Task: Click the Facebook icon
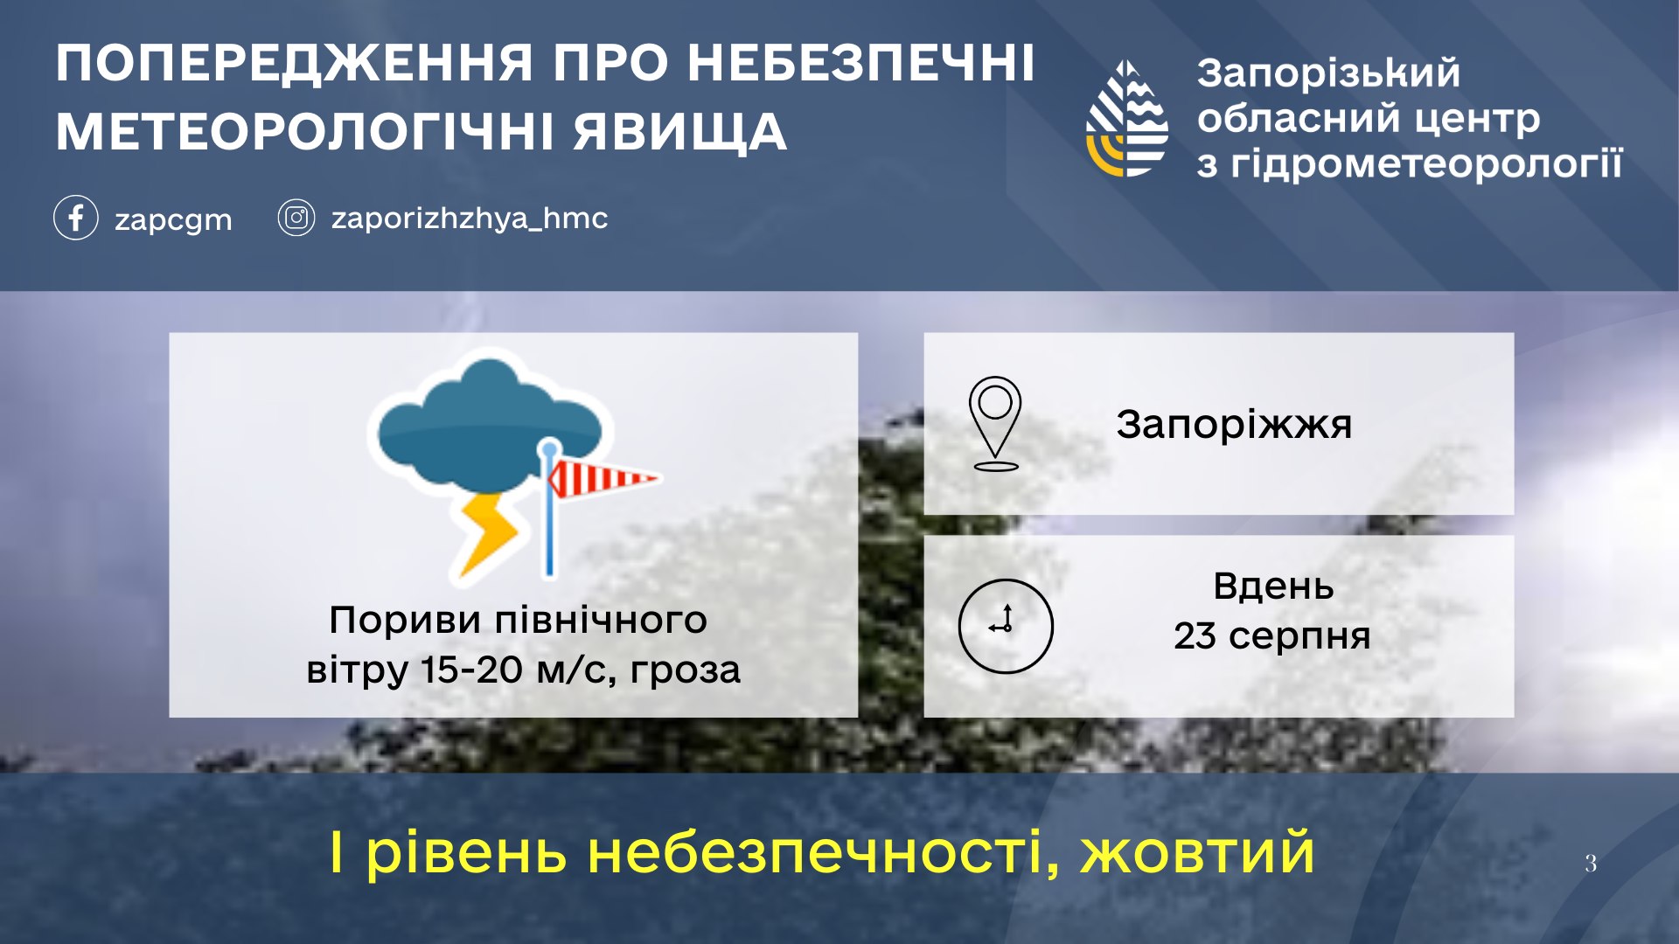pyautogui.click(x=75, y=218)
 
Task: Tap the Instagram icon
pyautogui.click(x=296, y=218)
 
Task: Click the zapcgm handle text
pyautogui.click(x=173, y=220)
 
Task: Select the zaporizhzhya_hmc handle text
pyautogui.click(x=469, y=219)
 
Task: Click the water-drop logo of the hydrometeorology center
pyautogui.click(x=1127, y=118)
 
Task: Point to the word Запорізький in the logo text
pyautogui.click(x=1328, y=73)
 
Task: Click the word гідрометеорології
pyautogui.click(x=1426, y=164)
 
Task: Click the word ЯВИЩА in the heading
pyautogui.click(x=679, y=132)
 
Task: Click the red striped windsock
pyautogui.click(x=602, y=478)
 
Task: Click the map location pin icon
pyautogui.click(x=995, y=423)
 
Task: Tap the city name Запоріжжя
pyautogui.click(x=1234, y=425)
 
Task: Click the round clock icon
pyautogui.click(x=1006, y=626)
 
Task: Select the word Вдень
pyautogui.click(x=1273, y=586)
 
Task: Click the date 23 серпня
pyautogui.click(x=1272, y=636)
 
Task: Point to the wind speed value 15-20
pyautogui.click(x=472, y=670)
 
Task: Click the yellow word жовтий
pyautogui.click(x=1197, y=853)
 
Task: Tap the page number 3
pyautogui.click(x=1591, y=864)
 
